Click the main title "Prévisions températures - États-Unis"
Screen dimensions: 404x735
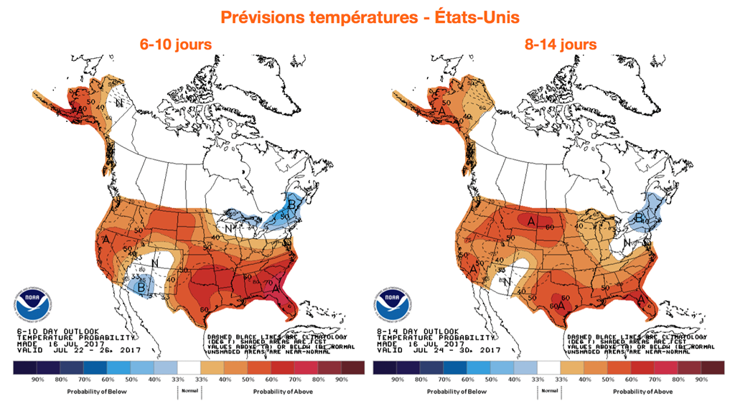click(367, 16)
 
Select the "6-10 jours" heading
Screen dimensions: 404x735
click(176, 44)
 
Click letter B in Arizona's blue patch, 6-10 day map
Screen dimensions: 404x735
click(142, 287)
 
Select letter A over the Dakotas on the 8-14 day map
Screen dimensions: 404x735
click(531, 221)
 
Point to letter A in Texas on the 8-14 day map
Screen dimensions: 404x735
click(559, 306)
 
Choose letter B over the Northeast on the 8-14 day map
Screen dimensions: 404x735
click(639, 217)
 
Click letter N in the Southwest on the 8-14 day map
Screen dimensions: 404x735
click(508, 282)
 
